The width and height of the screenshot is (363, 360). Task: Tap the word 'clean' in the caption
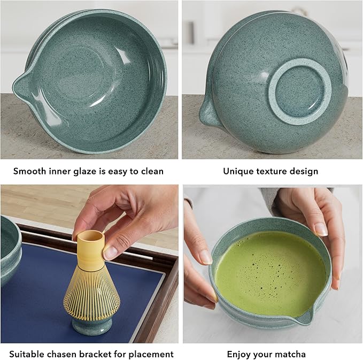click(150, 172)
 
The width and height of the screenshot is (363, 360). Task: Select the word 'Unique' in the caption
click(237, 172)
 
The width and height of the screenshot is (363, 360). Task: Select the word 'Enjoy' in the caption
click(240, 354)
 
